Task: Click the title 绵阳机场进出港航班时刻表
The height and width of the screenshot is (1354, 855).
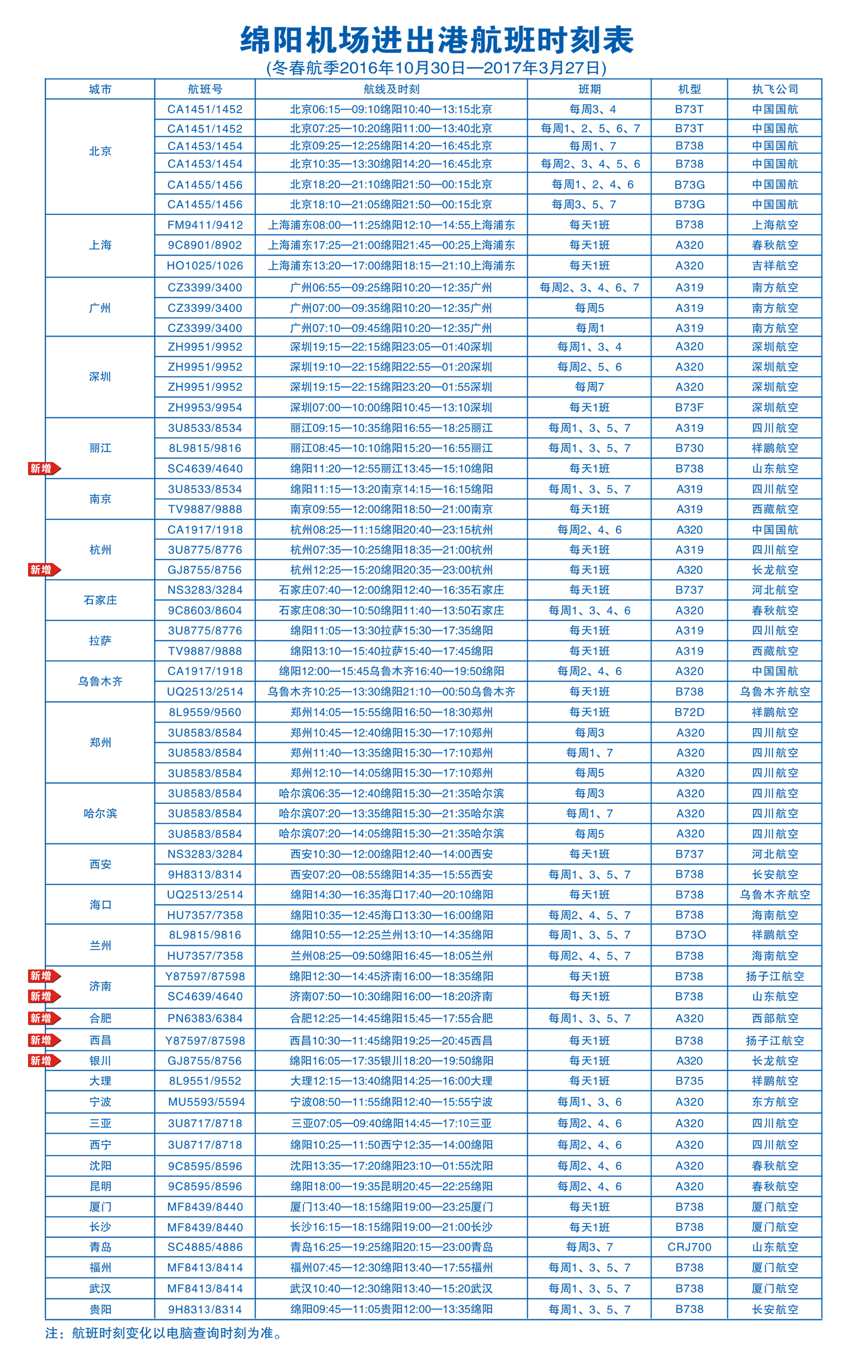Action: pyautogui.click(x=437, y=40)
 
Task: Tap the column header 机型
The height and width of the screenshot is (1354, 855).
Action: pyautogui.click(x=689, y=89)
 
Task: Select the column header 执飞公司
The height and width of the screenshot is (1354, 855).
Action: pyautogui.click(x=774, y=89)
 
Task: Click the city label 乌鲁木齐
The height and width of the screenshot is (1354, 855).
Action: pyautogui.click(x=100, y=682)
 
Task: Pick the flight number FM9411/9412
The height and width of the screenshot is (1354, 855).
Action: pyautogui.click(x=205, y=225)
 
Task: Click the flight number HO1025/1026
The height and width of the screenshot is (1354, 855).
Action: pyautogui.click(x=205, y=265)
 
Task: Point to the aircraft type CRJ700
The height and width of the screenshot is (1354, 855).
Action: pyautogui.click(x=689, y=1247)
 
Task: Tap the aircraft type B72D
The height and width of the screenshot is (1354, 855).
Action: pyautogui.click(x=689, y=712)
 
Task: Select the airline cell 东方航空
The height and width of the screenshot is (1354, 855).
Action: pyautogui.click(x=774, y=1101)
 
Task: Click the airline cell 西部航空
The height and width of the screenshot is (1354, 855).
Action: pyautogui.click(x=774, y=1018)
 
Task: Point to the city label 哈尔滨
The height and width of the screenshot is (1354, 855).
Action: pyautogui.click(x=100, y=813)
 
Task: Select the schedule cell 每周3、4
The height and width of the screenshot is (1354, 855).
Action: pyautogui.click(x=589, y=109)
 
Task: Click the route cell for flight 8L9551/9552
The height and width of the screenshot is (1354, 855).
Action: pyautogui.click(x=391, y=1081)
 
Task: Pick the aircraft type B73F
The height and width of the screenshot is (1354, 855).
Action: pyautogui.click(x=689, y=407)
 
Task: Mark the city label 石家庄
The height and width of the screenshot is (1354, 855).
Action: pyautogui.click(x=100, y=600)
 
